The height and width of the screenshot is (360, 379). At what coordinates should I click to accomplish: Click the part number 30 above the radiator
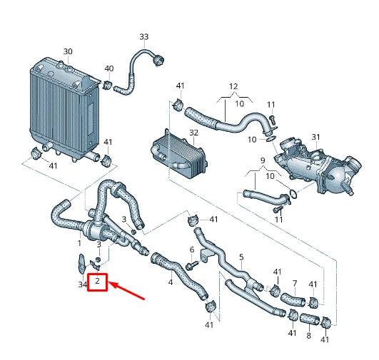pyautogui.click(x=68, y=51)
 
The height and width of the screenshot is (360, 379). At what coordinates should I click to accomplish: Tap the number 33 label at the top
pyautogui.click(x=144, y=36)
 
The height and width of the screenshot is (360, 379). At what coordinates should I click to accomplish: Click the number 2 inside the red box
pyautogui.click(x=97, y=283)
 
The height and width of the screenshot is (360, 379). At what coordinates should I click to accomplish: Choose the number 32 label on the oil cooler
pyautogui.click(x=193, y=133)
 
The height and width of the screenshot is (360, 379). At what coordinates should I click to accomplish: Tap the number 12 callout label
pyautogui.click(x=233, y=86)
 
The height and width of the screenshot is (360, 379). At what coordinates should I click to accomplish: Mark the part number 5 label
pyautogui.click(x=241, y=257)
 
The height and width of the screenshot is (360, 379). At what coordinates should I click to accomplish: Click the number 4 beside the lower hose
pyautogui.click(x=170, y=282)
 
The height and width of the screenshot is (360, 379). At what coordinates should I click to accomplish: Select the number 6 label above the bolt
pyautogui.click(x=192, y=250)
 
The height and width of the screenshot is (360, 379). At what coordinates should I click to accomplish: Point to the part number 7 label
pyautogui.click(x=293, y=284)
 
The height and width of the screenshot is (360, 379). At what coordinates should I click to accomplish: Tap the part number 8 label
pyautogui.click(x=308, y=335)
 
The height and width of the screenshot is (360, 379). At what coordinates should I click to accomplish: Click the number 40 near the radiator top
pyautogui.click(x=109, y=68)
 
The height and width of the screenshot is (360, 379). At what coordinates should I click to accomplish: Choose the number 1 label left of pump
pyautogui.click(x=80, y=243)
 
